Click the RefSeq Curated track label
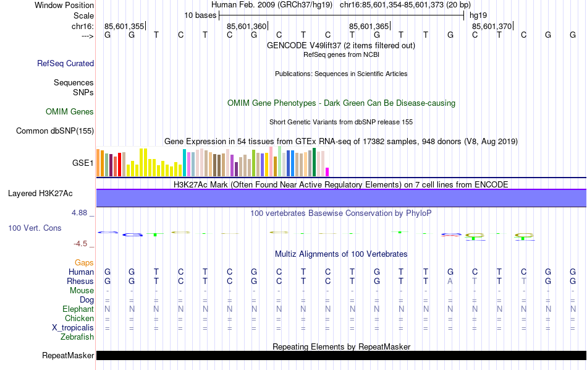point(65,63)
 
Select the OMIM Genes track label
point(70,112)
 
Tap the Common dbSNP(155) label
point(55,131)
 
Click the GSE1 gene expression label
point(83,163)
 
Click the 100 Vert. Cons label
point(35,228)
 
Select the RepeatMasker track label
point(68,356)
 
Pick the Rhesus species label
point(80,282)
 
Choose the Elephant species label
point(78,309)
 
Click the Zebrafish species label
point(77,337)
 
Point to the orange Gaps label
point(84,263)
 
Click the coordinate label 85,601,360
point(247,26)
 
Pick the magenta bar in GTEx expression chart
point(327,171)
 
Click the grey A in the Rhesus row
point(450,282)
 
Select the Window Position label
point(64,5)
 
